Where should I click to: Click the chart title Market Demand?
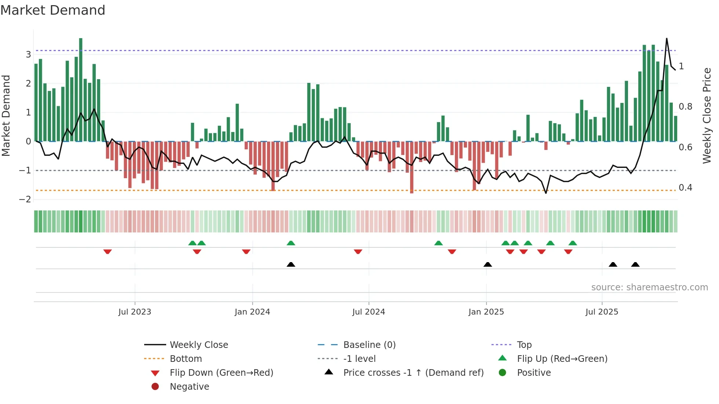[x=53, y=10]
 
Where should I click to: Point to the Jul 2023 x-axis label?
[x=135, y=312]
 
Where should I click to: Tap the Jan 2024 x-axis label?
[x=252, y=312]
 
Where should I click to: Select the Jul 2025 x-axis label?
[x=602, y=312]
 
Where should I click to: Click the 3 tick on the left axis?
[x=28, y=55]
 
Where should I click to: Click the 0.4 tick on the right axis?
[x=685, y=188]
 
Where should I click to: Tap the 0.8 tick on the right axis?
[x=685, y=107]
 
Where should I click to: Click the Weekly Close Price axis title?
[x=707, y=115]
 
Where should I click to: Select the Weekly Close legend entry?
[x=198, y=345]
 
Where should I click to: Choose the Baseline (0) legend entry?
[x=369, y=345]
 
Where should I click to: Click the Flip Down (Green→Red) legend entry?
[x=221, y=373]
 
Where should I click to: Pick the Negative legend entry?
[x=189, y=387]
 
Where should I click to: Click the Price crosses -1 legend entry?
[x=413, y=373]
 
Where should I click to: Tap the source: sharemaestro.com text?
[x=649, y=287]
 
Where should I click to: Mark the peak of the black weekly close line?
[x=667, y=38]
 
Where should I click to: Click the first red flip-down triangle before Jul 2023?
[x=107, y=252]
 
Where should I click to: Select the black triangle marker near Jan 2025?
[x=488, y=264]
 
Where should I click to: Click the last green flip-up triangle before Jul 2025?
[x=573, y=243]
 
